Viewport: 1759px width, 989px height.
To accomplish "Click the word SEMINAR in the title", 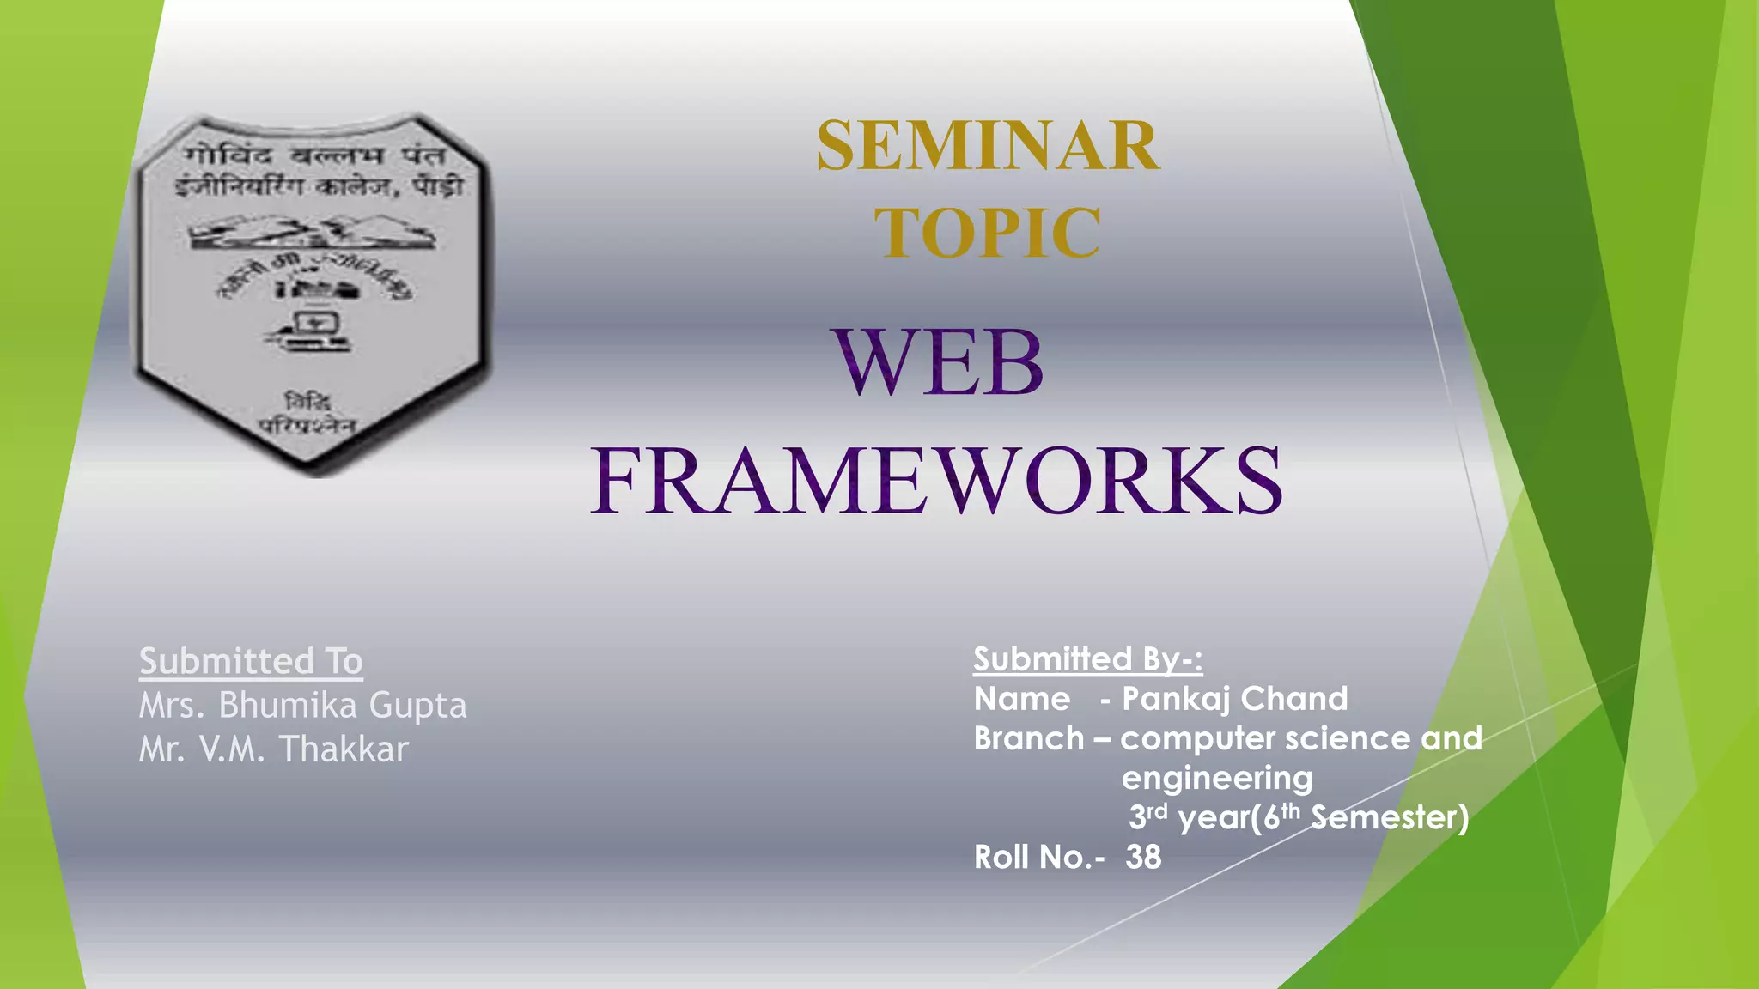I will tap(988, 146).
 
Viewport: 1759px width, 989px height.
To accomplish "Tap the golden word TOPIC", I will tap(988, 233).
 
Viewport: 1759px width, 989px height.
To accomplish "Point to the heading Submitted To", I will tap(251, 661).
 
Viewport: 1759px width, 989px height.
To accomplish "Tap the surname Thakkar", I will tap(344, 749).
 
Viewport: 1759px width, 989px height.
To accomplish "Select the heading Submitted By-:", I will tap(1087, 659).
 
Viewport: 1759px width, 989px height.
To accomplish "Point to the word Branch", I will tap(1028, 738).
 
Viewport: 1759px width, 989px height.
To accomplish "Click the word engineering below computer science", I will tap(1216, 779).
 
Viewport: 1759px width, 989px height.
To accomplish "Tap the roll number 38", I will tap(1143, 857).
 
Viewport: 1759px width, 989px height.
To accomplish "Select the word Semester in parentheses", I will tap(1389, 817).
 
